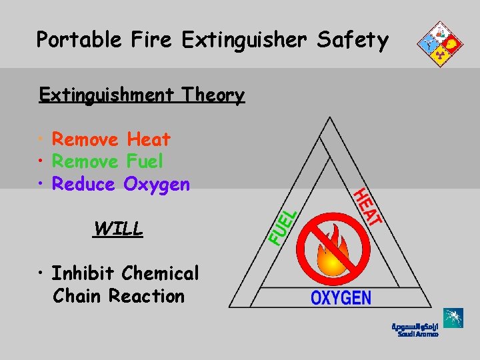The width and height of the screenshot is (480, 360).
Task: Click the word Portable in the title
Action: click(x=79, y=40)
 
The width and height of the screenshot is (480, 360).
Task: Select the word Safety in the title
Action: click(x=353, y=40)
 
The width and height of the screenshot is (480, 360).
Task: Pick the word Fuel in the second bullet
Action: click(x=144, y=161)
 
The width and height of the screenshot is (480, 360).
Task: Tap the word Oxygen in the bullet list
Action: click(x=157, y=185)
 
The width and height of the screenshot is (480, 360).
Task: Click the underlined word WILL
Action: click(x=119, y=229)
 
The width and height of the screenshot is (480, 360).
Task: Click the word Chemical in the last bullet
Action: click(x=161, y=273)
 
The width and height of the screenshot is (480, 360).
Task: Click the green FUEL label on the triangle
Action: click(x=282, y=227)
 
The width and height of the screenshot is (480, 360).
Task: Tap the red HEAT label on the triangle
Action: click(x=367, y=207)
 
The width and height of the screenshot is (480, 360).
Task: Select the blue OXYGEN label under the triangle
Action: click(x=341, y=297)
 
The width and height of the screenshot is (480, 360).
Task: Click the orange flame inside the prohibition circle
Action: click(x=331, y=254)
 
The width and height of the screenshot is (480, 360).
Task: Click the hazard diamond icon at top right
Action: click(x=439, y=44)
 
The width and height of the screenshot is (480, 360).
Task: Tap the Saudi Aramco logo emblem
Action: click(x=454, y=318)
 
